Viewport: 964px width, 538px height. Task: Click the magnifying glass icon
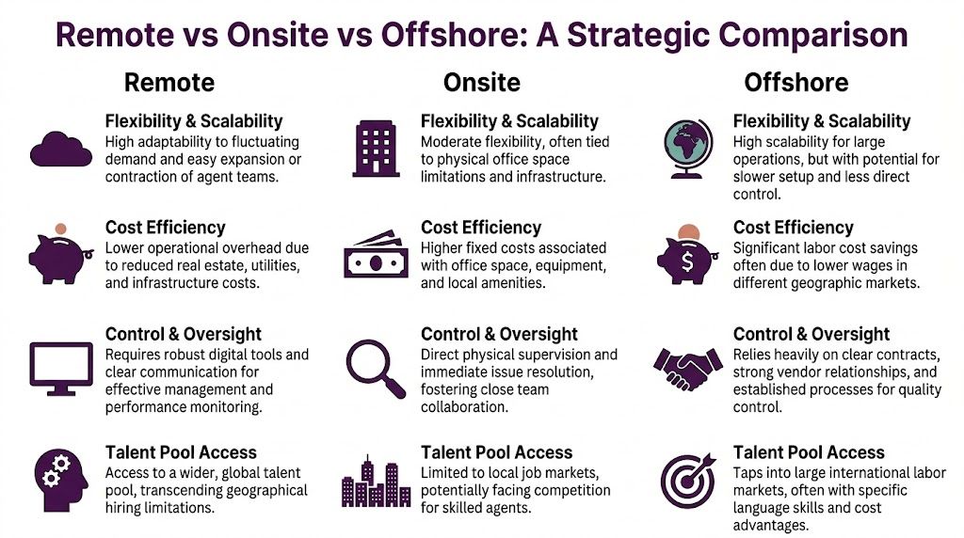tap(375, 368)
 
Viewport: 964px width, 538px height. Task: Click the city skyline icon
tap(376, 481)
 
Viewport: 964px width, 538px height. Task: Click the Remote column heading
tap(169, 83)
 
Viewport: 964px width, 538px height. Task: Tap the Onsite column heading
tap(482, 83)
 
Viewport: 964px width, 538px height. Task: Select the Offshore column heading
tap(796, 83)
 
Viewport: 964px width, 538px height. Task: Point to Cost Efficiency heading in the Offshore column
tap(794, 227)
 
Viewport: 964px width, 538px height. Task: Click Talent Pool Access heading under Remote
tap(181, 452)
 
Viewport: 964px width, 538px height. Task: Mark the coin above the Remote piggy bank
tap(61, 229)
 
